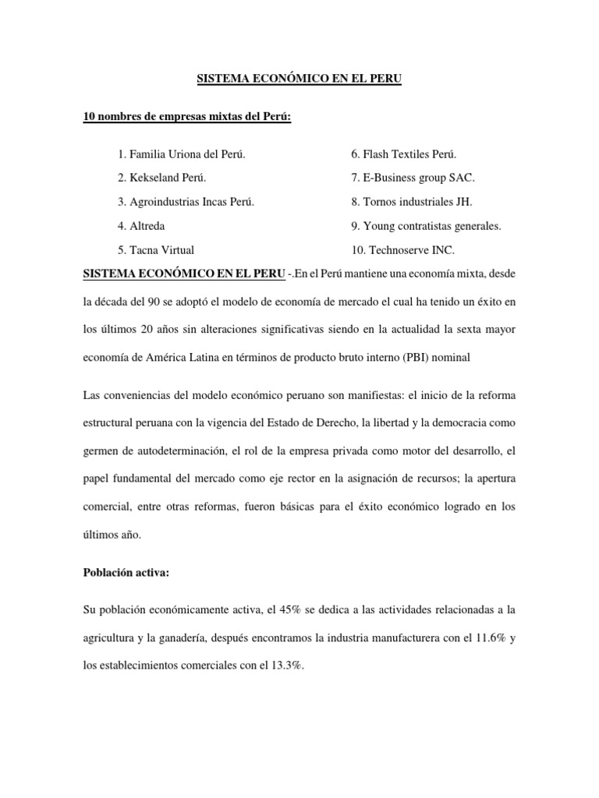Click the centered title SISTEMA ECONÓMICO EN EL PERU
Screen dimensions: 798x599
pyautogui.click(x=299, y=79)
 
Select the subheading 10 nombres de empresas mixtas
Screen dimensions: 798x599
pyautogui.click(x=187, y=117)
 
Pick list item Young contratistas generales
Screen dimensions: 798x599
pyautogui.click(x=426, y=226)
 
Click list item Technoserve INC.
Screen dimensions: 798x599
pyautogui.click(x=402, y=250)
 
